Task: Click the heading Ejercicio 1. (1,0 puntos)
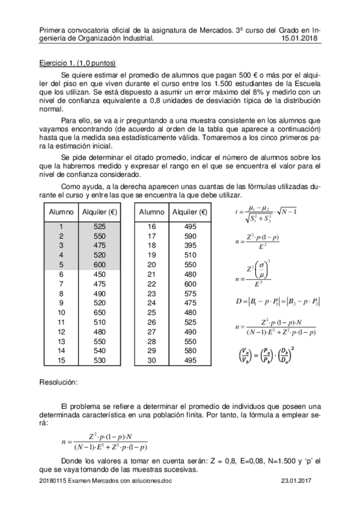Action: click(x=77, y=63)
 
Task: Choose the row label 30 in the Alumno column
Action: click(x=151, y=360)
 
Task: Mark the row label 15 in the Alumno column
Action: click(x=61, y=360)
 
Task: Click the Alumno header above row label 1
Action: click(x=61, y=212)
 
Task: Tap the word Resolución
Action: click(x=58, y=382)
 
